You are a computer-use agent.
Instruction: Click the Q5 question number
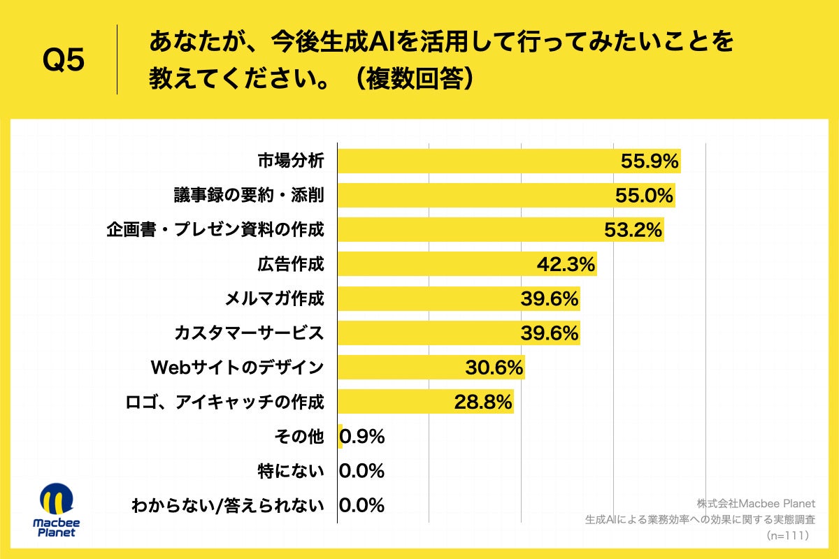[64, 61]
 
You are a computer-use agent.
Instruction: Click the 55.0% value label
[644, 195]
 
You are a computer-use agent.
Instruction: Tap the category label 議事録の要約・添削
[249, 195]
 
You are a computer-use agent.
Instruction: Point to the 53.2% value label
[633, 229]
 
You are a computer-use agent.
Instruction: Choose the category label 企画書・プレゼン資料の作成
[215, 229]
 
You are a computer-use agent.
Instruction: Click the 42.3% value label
[566, 264]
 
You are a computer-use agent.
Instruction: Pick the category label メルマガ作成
[274, 298]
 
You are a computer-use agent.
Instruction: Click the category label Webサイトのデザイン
[238, 367]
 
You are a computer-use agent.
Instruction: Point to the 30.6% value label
[494, 367]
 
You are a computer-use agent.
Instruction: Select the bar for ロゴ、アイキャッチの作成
[392, 402]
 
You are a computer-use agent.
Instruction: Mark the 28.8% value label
[483, 402]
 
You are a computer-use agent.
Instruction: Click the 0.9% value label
[362, 437]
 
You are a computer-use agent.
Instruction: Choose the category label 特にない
[291, 471]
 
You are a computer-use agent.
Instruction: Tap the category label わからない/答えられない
[228, 505]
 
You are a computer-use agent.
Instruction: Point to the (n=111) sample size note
[787, 535]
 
